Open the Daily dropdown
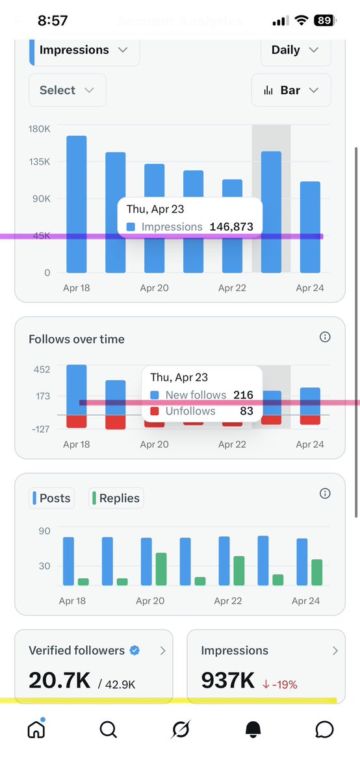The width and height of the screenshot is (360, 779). point(295,50)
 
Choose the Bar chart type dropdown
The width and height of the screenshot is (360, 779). point(290,90)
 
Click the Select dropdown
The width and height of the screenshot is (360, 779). point(66,90)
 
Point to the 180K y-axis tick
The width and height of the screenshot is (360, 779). point(39,129)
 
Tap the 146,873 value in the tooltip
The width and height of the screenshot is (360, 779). point(231,227)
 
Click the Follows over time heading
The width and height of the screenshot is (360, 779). point(77,339)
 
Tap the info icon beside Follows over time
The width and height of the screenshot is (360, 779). point(325,337)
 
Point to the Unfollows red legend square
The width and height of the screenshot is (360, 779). point(154,411)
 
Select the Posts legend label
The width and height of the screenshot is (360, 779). point(54,498)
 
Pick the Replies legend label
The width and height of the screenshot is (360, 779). point(116,498)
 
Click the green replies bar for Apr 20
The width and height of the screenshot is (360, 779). point(161,569)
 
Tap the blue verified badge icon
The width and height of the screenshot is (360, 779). point(135,650)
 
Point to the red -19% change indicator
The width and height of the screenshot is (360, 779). point(280,683)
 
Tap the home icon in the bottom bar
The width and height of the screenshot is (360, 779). point(36,730)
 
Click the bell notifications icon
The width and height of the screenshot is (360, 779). point(253,730)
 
